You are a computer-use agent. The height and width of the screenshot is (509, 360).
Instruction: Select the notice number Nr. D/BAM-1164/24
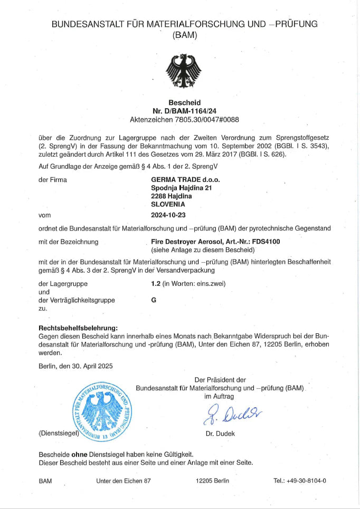[x=184, y=111]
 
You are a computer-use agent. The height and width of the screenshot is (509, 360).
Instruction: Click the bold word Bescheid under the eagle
[x=184, y=102]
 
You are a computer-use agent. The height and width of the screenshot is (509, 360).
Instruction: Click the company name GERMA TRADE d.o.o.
[x=185, y=179]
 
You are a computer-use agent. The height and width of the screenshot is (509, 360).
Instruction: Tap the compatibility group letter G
[x=154, y=300]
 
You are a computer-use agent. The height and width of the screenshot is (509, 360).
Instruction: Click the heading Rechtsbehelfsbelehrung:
[x=78, y=328]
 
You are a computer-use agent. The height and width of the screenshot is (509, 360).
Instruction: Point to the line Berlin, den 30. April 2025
[x=75, y=366]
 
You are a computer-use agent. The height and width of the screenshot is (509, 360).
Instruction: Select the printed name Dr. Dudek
[x=220, y=434]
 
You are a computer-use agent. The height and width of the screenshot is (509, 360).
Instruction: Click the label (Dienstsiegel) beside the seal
[x=59, y=434]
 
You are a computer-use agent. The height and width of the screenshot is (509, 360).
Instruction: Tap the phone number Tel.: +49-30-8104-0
[x=299, y=481]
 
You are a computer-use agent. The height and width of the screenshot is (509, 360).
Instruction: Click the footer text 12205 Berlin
[x=212, y=481]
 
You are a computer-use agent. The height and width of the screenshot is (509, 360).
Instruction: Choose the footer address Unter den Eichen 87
[x=124, y=481]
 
